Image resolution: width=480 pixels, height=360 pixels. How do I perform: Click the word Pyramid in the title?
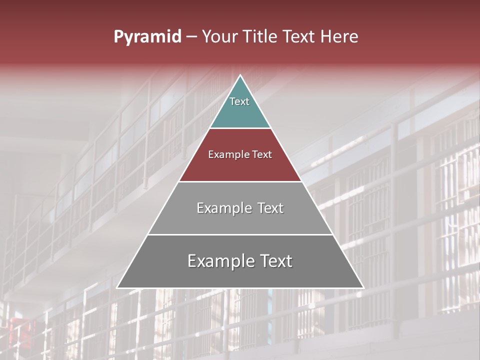[147, 37]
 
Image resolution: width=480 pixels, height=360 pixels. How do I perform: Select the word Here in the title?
[339, 37]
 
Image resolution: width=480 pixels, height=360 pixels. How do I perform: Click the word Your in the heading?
[220, 37]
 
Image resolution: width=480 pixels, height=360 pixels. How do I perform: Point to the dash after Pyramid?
[191, 37]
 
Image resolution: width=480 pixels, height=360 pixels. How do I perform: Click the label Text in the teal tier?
[239, 101]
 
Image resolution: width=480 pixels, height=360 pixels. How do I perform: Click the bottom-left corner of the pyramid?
[117, 288]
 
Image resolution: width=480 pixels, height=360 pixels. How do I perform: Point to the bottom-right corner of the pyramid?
[364, 288]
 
